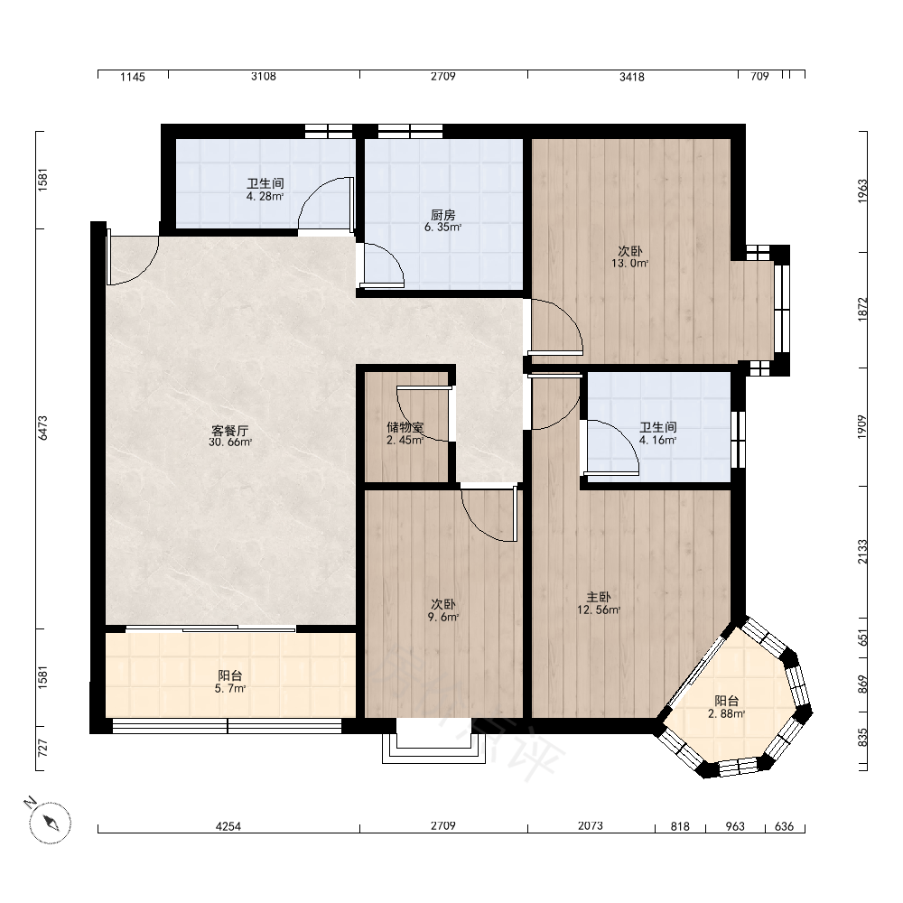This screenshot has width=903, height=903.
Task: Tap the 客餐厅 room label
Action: tap(229, 430)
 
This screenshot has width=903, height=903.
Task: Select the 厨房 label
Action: tap(442, 215)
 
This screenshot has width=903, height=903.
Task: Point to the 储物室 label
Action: tap(405, 427)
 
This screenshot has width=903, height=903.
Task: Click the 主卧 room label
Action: tap(599, 597)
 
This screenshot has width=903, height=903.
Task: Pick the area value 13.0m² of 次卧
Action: tap(630, 264)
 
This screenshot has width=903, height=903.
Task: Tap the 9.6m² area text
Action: tap(442, 618)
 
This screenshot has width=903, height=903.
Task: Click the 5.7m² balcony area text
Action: tap(229, 688)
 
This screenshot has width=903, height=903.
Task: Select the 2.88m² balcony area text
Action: tap(727, 714)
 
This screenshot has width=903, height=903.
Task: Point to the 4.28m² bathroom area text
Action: tap(265, 196)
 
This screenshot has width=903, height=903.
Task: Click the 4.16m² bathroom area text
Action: tap(657, 440)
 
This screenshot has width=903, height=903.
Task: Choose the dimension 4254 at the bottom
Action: tap(228, 826)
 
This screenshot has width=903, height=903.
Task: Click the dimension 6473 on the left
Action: tap(42, 428)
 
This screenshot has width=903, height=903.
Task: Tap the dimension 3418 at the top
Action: tap(632, 77)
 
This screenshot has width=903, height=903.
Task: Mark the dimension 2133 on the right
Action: tap(862, 552)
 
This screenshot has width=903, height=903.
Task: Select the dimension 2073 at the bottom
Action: tap(591, 826)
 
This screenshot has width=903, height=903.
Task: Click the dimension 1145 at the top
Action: tap(133, 77)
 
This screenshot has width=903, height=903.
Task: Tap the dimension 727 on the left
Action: tap(42, 748)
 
